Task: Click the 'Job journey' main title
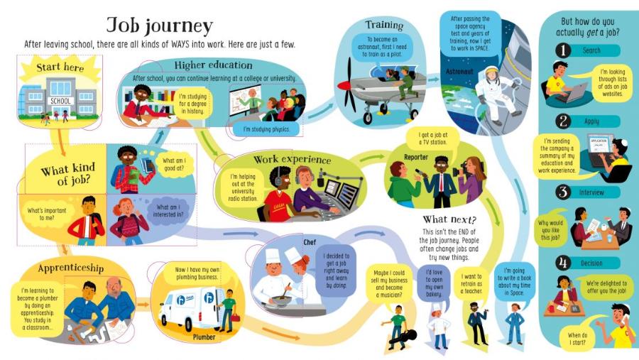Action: point(159,26)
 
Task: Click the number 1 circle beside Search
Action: point(562,51)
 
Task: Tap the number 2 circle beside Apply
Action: point(563,121)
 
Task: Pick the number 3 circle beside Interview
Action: point(563,192)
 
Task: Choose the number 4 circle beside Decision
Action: point(563,263)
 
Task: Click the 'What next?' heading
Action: point(449,219)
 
